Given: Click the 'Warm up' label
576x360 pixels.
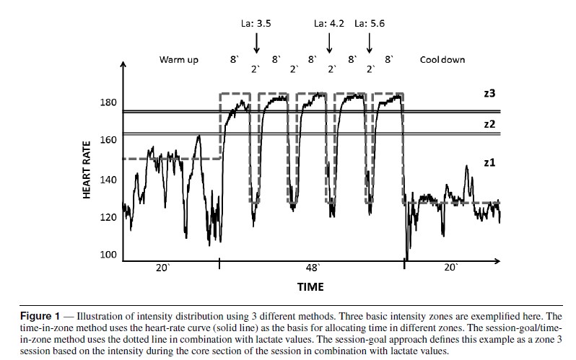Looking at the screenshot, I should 178,59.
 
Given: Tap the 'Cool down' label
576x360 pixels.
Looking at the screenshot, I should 442,59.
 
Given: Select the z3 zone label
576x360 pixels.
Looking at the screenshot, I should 490,93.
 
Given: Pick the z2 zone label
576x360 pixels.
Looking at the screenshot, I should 490,123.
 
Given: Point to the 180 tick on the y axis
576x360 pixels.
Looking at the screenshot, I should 108,102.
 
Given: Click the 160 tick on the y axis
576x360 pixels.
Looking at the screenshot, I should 108,140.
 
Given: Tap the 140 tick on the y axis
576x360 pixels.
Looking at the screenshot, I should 108,179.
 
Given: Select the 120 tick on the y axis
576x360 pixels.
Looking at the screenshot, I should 108,217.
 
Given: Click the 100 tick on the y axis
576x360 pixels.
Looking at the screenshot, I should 108,255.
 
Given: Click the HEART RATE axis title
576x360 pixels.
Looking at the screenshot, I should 87,173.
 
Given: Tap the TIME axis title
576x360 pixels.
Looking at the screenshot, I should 311,287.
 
